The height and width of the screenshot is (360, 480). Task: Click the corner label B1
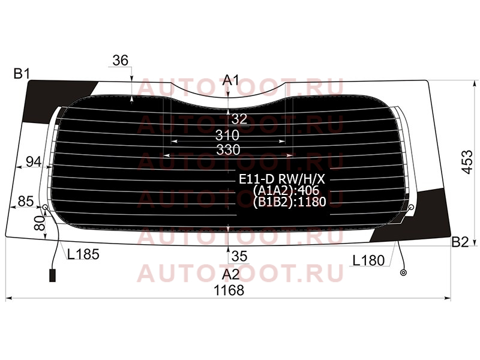click(22, 74)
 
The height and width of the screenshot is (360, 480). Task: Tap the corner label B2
click(460, 242)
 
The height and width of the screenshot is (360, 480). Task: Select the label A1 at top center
click(230, 80)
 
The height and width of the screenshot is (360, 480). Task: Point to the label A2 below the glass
click(231, 275)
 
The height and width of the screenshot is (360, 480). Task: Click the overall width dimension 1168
click(229, 290)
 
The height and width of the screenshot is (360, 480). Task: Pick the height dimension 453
click(467, 162)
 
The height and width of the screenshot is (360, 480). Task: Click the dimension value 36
click(121, 61)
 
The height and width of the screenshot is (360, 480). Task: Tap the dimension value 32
click(239, 119)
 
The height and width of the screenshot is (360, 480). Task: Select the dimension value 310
click(227, 135)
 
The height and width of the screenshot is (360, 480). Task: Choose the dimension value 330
click(229, 150)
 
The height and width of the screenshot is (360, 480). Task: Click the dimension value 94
click(34, 161)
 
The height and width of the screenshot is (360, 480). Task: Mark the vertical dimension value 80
click(39, 223)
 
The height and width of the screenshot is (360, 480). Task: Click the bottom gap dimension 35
click(239, 257)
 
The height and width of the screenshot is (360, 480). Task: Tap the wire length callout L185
click(83, 254)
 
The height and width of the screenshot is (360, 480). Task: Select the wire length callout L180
click(368, 260)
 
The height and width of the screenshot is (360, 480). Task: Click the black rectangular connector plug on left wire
click(53, 275)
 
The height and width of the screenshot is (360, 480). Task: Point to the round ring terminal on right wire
click(403, 272)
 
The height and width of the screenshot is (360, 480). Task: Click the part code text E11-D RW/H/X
click(282, 179)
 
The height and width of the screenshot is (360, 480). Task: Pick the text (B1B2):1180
click(290, 202)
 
